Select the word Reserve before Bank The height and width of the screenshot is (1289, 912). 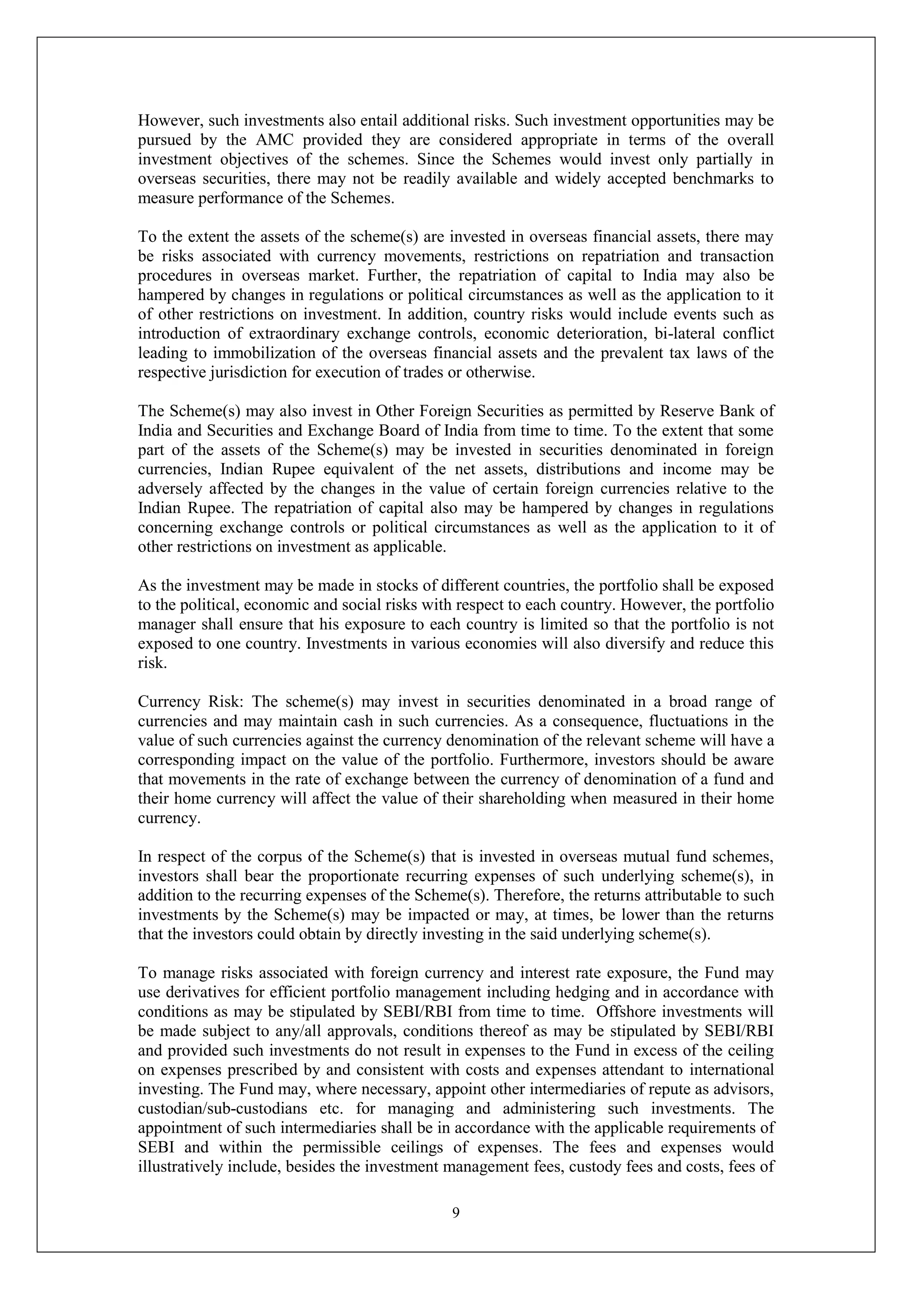[688, 411]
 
